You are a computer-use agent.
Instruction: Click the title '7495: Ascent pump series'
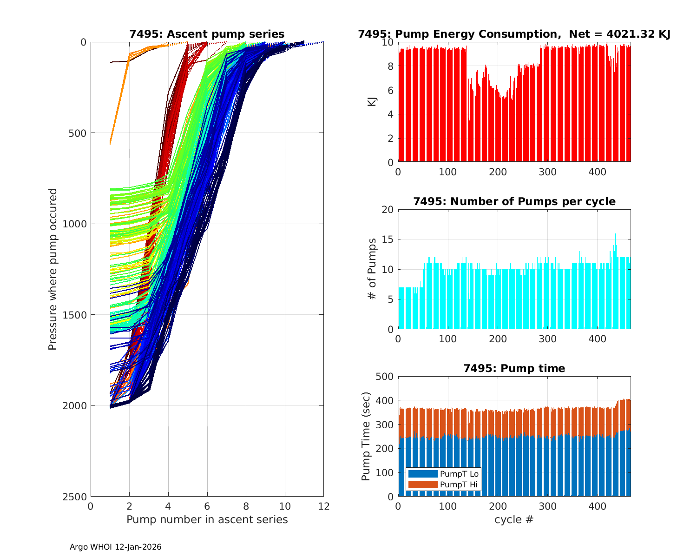(x=207, y=34)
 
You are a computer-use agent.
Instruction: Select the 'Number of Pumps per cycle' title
(x=514, y=201)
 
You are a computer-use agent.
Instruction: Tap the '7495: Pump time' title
(x=514, y=368)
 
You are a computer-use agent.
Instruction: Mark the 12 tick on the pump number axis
(x=323, y=506)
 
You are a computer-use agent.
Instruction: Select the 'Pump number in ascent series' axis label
(x=207, y=519)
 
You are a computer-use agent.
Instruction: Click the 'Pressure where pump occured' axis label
(x=53, y=269)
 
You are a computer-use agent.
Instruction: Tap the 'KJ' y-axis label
(x=372, y=102)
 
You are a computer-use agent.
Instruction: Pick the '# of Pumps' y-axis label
(x=372, y=269)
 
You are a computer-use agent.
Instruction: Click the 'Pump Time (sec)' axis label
(x=367, y=436)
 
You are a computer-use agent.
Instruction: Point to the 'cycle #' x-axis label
(x=514, y=519)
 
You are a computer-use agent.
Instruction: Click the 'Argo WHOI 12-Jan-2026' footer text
(x=115, y=547)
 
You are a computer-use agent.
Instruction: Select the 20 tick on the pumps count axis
(x=388, y=210)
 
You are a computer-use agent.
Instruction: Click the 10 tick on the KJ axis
(x=388, y=42)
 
